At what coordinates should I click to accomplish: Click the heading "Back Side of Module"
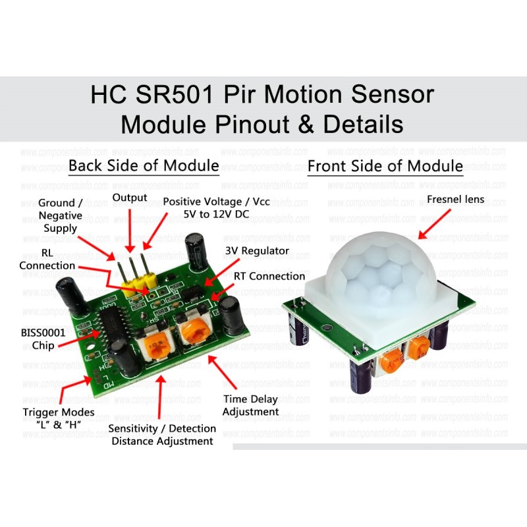click(x=143, y=165)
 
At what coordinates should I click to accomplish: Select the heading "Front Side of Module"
click(x=385, y=165)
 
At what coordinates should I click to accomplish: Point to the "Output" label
click(x=129, y=198)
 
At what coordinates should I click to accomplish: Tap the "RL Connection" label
click(x=47, y=259)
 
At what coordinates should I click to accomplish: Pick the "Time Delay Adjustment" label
click(x=250, y=405)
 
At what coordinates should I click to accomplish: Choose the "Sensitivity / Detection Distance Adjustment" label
click(x=162, y=435)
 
